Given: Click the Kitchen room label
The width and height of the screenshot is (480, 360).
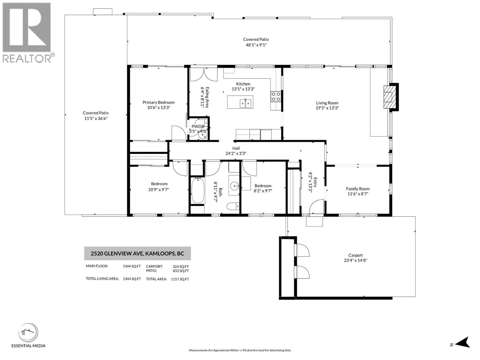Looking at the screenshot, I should tap(243, 84).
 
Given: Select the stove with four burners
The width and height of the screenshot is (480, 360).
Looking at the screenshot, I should tap(276, 97).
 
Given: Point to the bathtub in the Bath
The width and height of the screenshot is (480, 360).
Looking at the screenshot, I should tap(197, 190).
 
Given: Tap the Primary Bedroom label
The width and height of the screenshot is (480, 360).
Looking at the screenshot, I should tap(158, 102).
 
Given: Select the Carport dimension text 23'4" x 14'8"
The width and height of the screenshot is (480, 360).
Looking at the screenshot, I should tap(355, 260).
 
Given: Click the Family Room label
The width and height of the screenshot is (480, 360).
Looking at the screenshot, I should tap(358, 189).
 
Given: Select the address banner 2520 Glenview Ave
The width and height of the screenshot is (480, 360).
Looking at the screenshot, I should tap(137, 253).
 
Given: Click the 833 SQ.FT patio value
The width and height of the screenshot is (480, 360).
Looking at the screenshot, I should tap(181, 271).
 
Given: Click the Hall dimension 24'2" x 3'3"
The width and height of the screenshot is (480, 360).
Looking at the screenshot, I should tap(236, 153).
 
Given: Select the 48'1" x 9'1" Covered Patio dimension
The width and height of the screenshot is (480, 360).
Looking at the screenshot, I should tap(256, 45).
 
